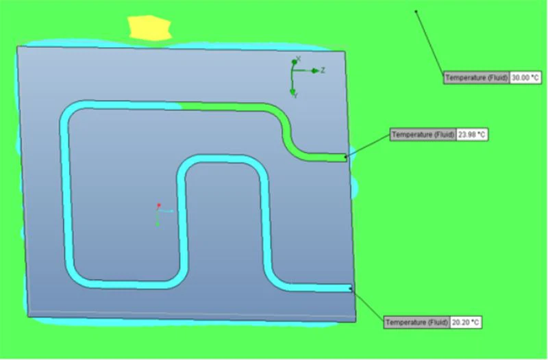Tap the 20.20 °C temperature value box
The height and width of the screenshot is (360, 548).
click(x=466, y=322)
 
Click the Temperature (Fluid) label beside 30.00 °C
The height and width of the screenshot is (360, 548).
click(x=477, y=77)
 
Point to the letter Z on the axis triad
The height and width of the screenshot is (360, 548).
click(x=323, y=70)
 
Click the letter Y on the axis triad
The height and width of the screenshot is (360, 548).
click(x=295, y=97)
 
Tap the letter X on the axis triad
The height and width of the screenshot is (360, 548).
click(x=299, y=59)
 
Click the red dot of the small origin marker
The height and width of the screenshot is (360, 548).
click(x=158, y=205)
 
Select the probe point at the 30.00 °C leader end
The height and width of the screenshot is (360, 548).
click(x=416, y=11)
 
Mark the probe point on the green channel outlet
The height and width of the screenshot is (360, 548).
click(x=346, y=157)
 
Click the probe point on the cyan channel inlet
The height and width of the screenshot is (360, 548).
click(x=351, y=289)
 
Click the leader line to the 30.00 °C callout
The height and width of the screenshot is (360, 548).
click(x=430, y=41)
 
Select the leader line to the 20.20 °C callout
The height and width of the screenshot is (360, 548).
click(x=368, y=304)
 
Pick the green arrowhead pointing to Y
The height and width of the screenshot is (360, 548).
click(x=293, y=90)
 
